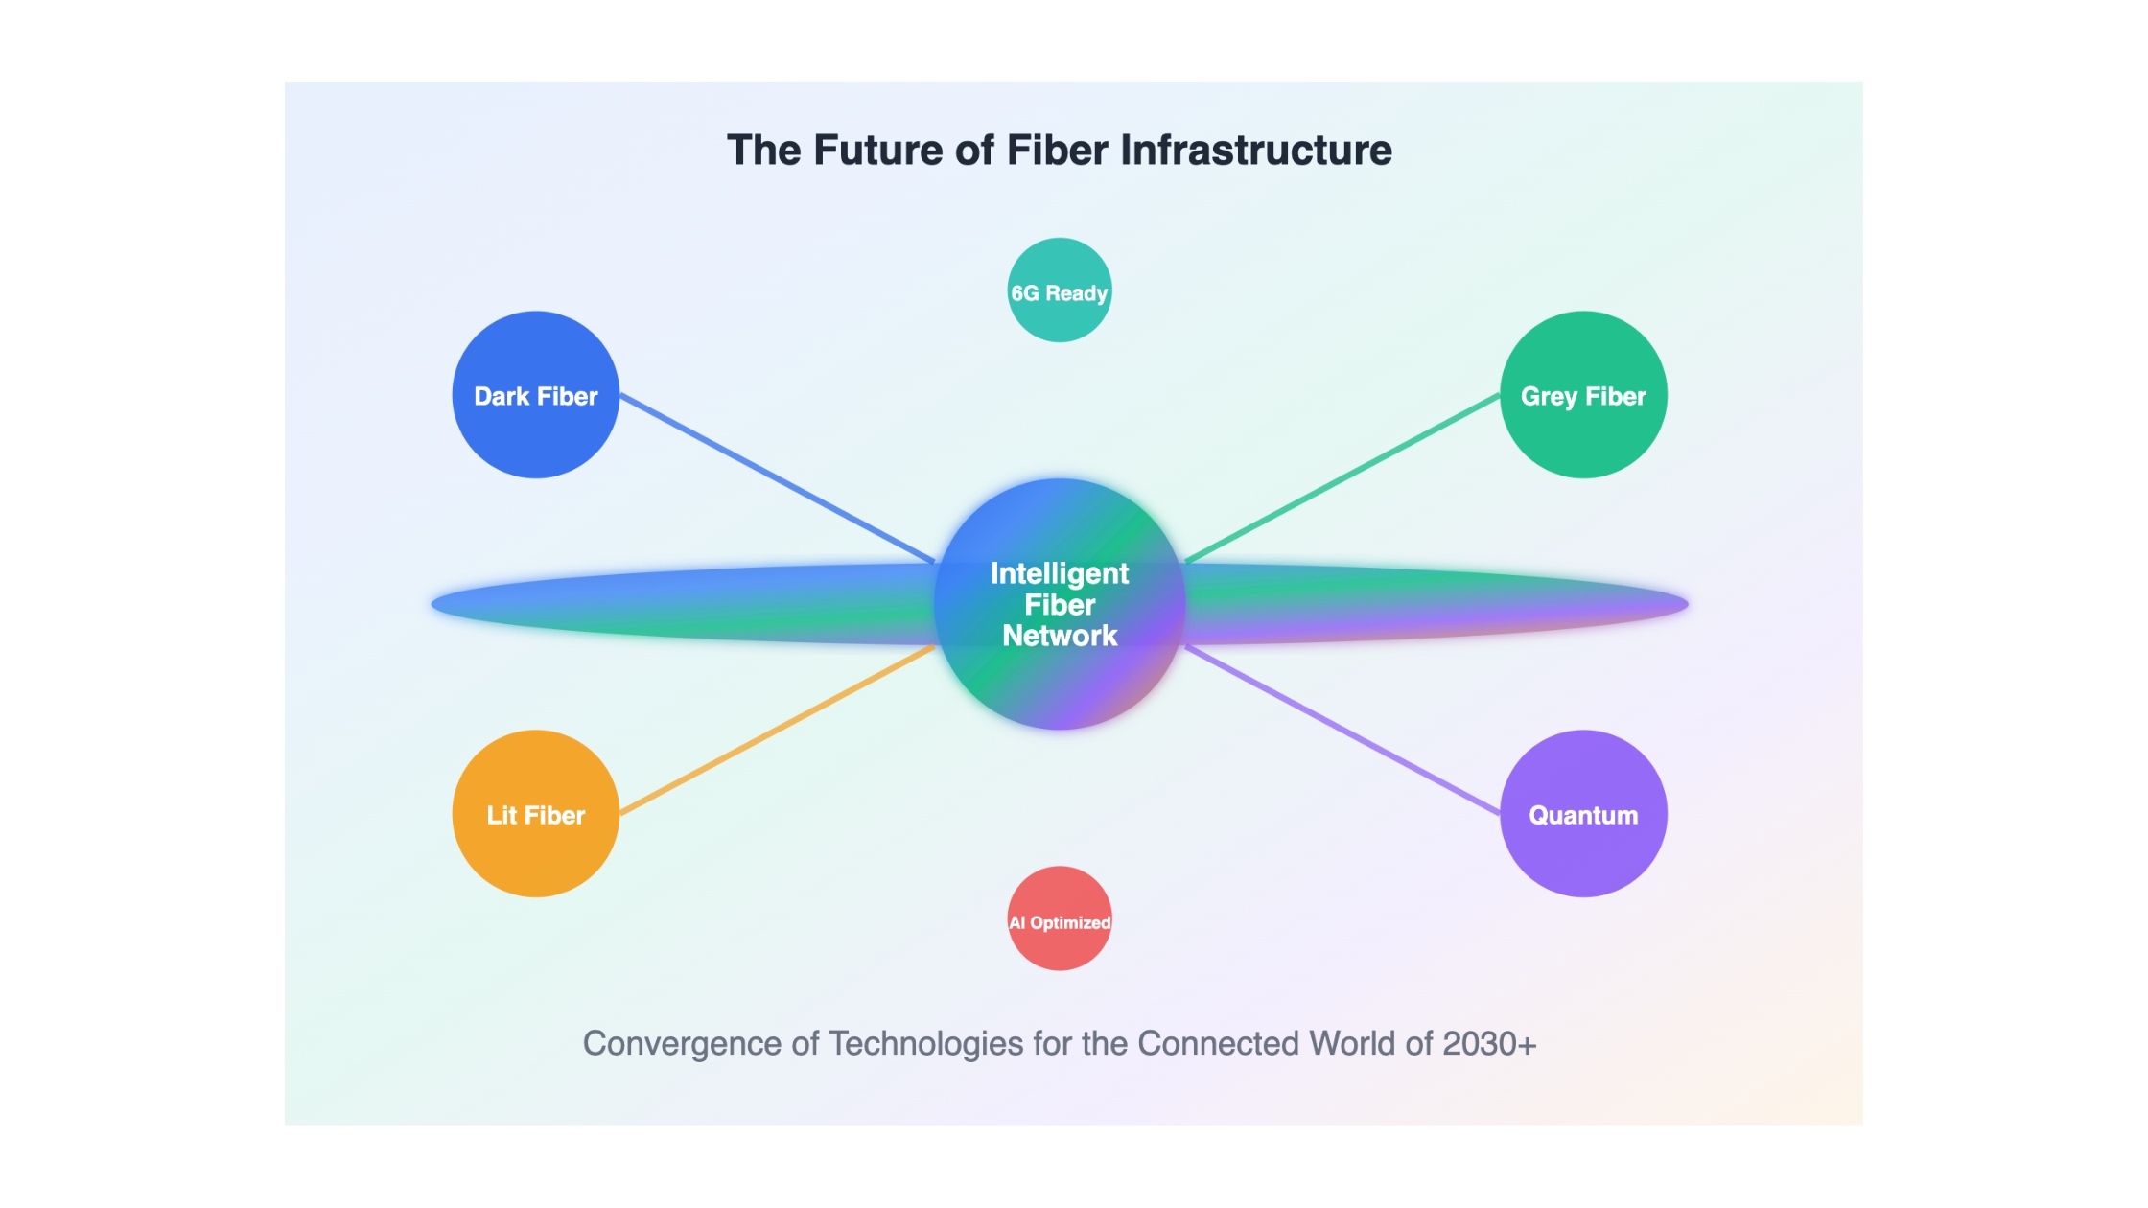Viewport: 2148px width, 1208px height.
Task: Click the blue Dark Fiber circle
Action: pos(536,395)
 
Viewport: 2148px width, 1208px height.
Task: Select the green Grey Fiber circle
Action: pos(1583,395)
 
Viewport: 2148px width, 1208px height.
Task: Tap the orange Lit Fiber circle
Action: pos(536,814)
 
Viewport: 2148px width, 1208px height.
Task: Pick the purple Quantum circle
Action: pos(1583,814)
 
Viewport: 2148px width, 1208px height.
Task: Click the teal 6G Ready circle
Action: pos(1060,290)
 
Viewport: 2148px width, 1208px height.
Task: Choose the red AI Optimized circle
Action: pos(1060,918)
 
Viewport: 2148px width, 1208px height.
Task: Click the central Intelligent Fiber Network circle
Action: pos(1060,604)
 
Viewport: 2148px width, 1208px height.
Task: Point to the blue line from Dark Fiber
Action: pos(778,478)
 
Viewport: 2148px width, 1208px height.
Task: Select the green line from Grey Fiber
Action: pos(1342,477)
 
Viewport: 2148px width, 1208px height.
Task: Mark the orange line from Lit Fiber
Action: pos(778,731)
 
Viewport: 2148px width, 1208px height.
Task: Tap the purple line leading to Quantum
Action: pos(1342,731)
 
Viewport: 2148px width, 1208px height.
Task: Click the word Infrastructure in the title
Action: pos(1256,151)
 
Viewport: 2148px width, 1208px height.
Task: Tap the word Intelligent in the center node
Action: pos(1060,573)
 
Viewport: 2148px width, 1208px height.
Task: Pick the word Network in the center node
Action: pos(1060,636)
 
